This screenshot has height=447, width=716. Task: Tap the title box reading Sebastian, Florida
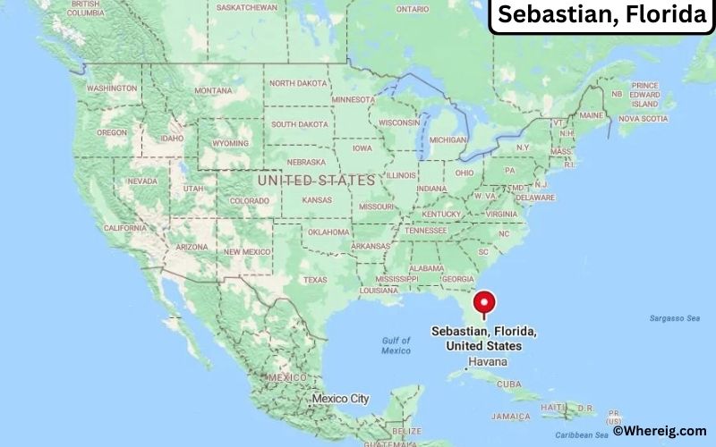(600, 15)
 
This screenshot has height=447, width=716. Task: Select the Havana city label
(487, 362)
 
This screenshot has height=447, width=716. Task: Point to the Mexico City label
(340, 398)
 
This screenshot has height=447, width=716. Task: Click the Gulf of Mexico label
(396, 346)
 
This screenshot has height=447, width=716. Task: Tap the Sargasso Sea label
(674, 318)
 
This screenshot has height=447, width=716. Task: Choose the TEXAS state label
(315, 280)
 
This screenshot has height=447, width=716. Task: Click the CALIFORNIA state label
(125, 228)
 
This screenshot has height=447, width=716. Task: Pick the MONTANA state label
(213, 90)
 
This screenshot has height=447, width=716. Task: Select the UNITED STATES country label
(316, 180)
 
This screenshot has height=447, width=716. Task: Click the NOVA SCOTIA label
(643, 118)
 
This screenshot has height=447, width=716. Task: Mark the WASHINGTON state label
(112, 89)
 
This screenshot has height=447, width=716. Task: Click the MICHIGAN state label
(447, 140)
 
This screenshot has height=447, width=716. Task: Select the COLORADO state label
(249, 201)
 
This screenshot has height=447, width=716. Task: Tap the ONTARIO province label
(413, 9)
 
